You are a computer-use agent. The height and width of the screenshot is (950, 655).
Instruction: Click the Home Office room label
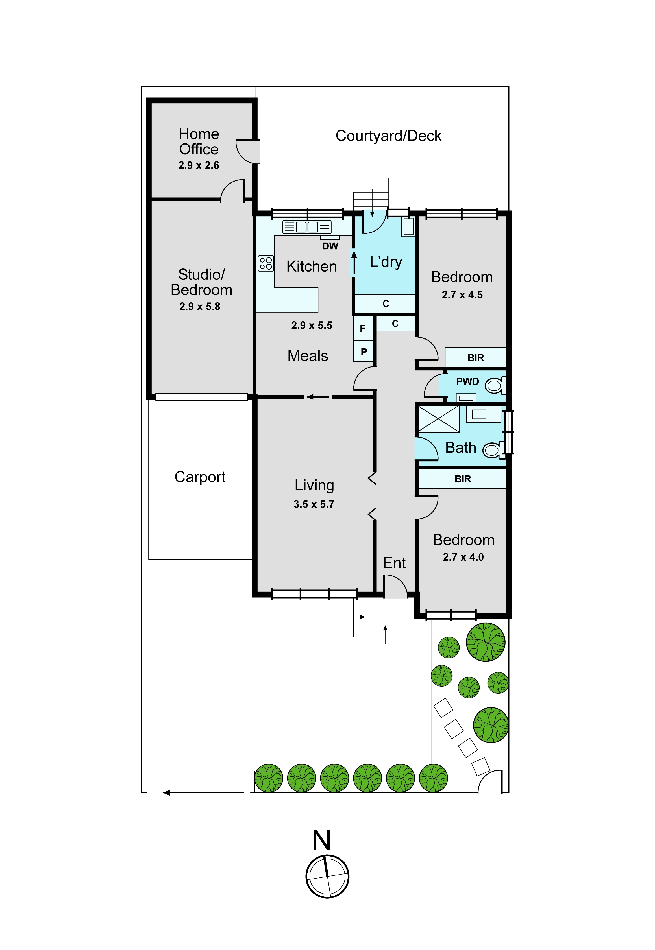coord(199,141)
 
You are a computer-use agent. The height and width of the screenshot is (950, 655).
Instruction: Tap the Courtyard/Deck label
coord(388,136)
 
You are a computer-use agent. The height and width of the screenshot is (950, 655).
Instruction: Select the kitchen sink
coord(307,227)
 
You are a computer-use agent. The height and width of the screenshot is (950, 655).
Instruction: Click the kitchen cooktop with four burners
coord(266,263)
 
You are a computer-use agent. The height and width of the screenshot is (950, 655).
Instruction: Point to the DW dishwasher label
coord(330,246)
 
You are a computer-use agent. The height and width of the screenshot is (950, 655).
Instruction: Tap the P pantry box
coord(363,351)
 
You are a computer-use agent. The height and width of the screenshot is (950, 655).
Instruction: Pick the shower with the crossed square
coord(438,419)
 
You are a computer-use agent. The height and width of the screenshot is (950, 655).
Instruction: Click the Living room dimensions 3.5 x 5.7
coord(314,504)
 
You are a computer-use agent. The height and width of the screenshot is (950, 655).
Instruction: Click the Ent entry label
coord(394,563)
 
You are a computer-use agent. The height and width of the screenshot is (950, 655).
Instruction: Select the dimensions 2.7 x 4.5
coord(462,295)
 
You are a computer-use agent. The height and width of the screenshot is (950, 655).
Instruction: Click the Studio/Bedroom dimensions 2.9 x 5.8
coord(200,306)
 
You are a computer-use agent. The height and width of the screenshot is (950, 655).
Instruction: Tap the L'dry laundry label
coord(386,262)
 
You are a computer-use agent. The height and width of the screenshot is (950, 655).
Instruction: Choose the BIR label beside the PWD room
coord(476,358)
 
